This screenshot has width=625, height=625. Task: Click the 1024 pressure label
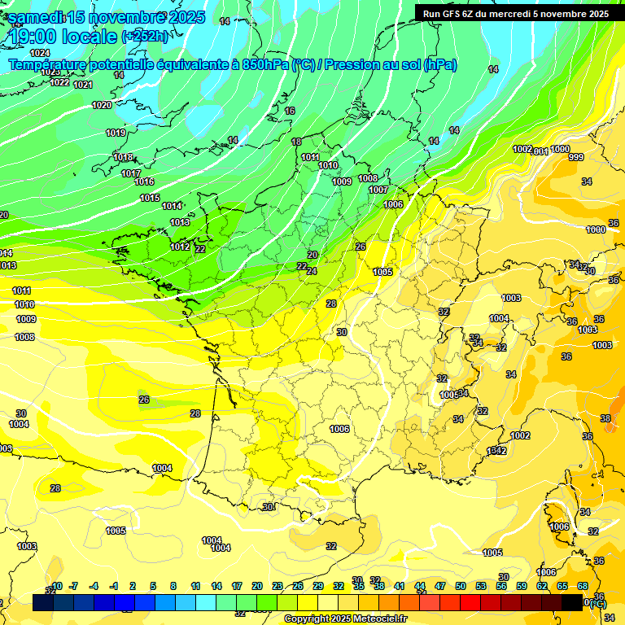tap(40, 53)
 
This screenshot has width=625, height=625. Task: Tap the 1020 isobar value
tap(102, 105)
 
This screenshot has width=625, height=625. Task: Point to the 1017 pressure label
tap(131, 173)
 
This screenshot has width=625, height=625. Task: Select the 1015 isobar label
tap(149, 198)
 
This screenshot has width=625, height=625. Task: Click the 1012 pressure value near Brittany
tap(180, 247)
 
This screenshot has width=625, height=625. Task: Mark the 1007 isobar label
tap(378, 190)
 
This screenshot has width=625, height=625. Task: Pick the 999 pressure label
tap(576, 157)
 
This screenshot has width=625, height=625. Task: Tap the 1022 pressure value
tap(59, 82)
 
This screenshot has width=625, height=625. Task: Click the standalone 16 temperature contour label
tap(290, 111)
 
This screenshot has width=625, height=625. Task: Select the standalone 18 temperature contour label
tap(296, 142)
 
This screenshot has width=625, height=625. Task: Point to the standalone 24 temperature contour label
tap(311, 271)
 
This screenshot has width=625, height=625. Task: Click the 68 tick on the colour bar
tap(583, 586)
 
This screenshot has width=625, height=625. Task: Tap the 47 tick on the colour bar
tap(440, 586)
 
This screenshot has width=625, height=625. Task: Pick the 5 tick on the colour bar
tap(153, 586)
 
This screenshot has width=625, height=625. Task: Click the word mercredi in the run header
tap(509, 13)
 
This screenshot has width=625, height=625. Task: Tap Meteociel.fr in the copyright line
tap(378, 618)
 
